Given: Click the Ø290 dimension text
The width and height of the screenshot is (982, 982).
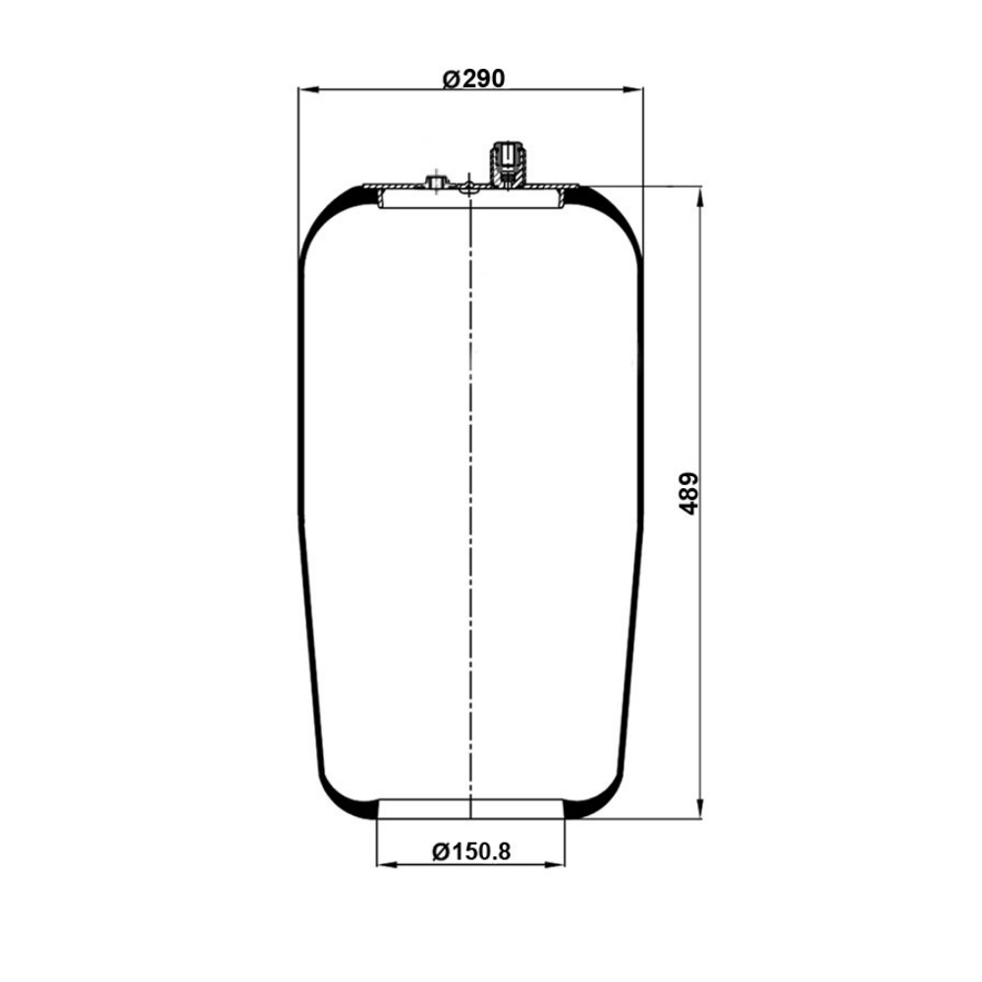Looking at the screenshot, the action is (473, 79).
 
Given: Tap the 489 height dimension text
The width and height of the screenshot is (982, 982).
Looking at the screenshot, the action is (688, 494).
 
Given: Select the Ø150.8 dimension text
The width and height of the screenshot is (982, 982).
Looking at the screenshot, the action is (471, 851).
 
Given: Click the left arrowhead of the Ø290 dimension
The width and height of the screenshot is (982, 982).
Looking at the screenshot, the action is (308, 90).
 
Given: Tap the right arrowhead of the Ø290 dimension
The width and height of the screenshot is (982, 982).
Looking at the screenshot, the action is (632, 90).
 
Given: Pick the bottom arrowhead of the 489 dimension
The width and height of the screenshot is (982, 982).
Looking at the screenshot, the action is (699, 807).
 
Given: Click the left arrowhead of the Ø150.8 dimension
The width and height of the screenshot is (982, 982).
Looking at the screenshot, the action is (387, 865).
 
